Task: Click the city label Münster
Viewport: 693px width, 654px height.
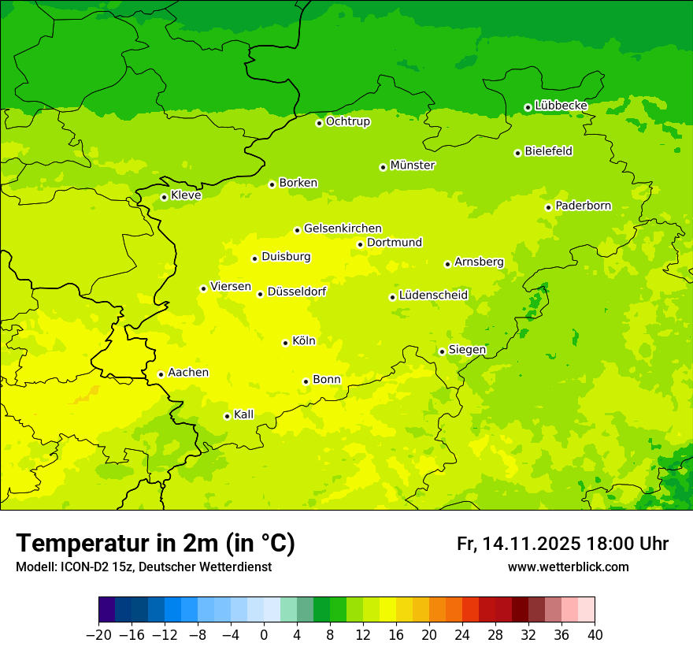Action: pyautogui.click(x=413, y=165)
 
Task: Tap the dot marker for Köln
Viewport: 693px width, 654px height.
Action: pyautogui.click(x=285, y=343)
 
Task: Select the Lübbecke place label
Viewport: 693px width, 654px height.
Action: pyautogui.click(x=561, y=106)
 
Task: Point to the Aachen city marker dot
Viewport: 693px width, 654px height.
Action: pyautogui.click(x=161, y=374)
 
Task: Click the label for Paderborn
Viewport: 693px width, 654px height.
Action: pyautogui.click(x=583, y=206)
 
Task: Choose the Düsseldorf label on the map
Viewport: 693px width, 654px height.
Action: pyautogui.click(x=296, y=292)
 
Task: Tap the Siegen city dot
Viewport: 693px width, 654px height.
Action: pyautogui.click(x=442, y=351)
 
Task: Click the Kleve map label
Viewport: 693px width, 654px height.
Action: pyautogui.click(x=186, y=195)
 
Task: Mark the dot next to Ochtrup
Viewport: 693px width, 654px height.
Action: pyautogui.click(x=319, y=123)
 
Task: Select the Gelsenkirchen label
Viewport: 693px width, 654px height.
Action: pyautogui.click(x=343, y=229)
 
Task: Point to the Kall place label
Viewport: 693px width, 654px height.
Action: pyautogui.click(x=243, y=414)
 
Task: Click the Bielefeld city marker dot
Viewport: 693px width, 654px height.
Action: pyautogui.click(x=517, y=153)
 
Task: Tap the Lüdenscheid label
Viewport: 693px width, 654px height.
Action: pyautogui.click(x=433, y=295)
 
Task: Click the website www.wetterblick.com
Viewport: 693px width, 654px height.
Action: pyautogui.click(x=568, y=567)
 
